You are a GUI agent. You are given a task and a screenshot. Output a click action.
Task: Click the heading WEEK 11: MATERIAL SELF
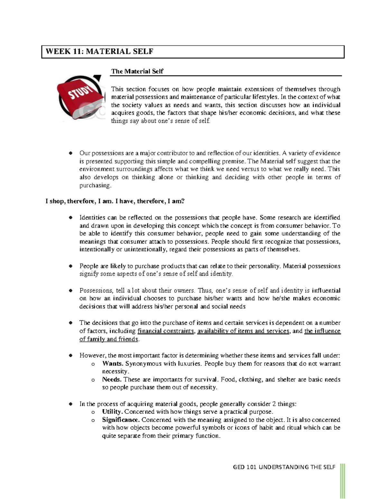(x=99, y=51)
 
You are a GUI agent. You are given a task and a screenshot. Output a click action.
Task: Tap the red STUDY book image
(x=80, y=98)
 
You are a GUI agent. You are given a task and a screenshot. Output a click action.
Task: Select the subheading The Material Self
(x=137, y=71)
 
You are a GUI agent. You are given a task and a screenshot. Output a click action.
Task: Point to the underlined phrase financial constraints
(x=166, y=331)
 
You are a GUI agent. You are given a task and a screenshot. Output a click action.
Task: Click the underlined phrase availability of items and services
(x=243, y=331)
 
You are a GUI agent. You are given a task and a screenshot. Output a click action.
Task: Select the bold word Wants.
(x=113, y=364)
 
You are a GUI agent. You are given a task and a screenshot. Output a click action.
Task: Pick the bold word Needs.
(x=112, y=379)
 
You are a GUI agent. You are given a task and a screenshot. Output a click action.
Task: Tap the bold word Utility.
(x=112, y=412)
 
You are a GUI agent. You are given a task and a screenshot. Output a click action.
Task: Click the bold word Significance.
(x=121, y=420)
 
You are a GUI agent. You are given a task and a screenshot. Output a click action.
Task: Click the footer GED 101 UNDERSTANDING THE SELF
(x=284, y=467)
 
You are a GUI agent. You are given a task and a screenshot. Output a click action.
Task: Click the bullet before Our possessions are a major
(x=70, y=154)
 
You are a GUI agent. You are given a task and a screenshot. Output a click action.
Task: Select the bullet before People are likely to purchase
(x=70, y=266)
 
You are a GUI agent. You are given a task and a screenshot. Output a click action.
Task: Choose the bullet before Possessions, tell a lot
(x=70, y=291)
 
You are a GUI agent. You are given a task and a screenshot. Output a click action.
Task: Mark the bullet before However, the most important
(x=70, y=356)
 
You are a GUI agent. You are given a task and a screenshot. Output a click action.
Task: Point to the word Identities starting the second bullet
(x=92, y=218)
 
